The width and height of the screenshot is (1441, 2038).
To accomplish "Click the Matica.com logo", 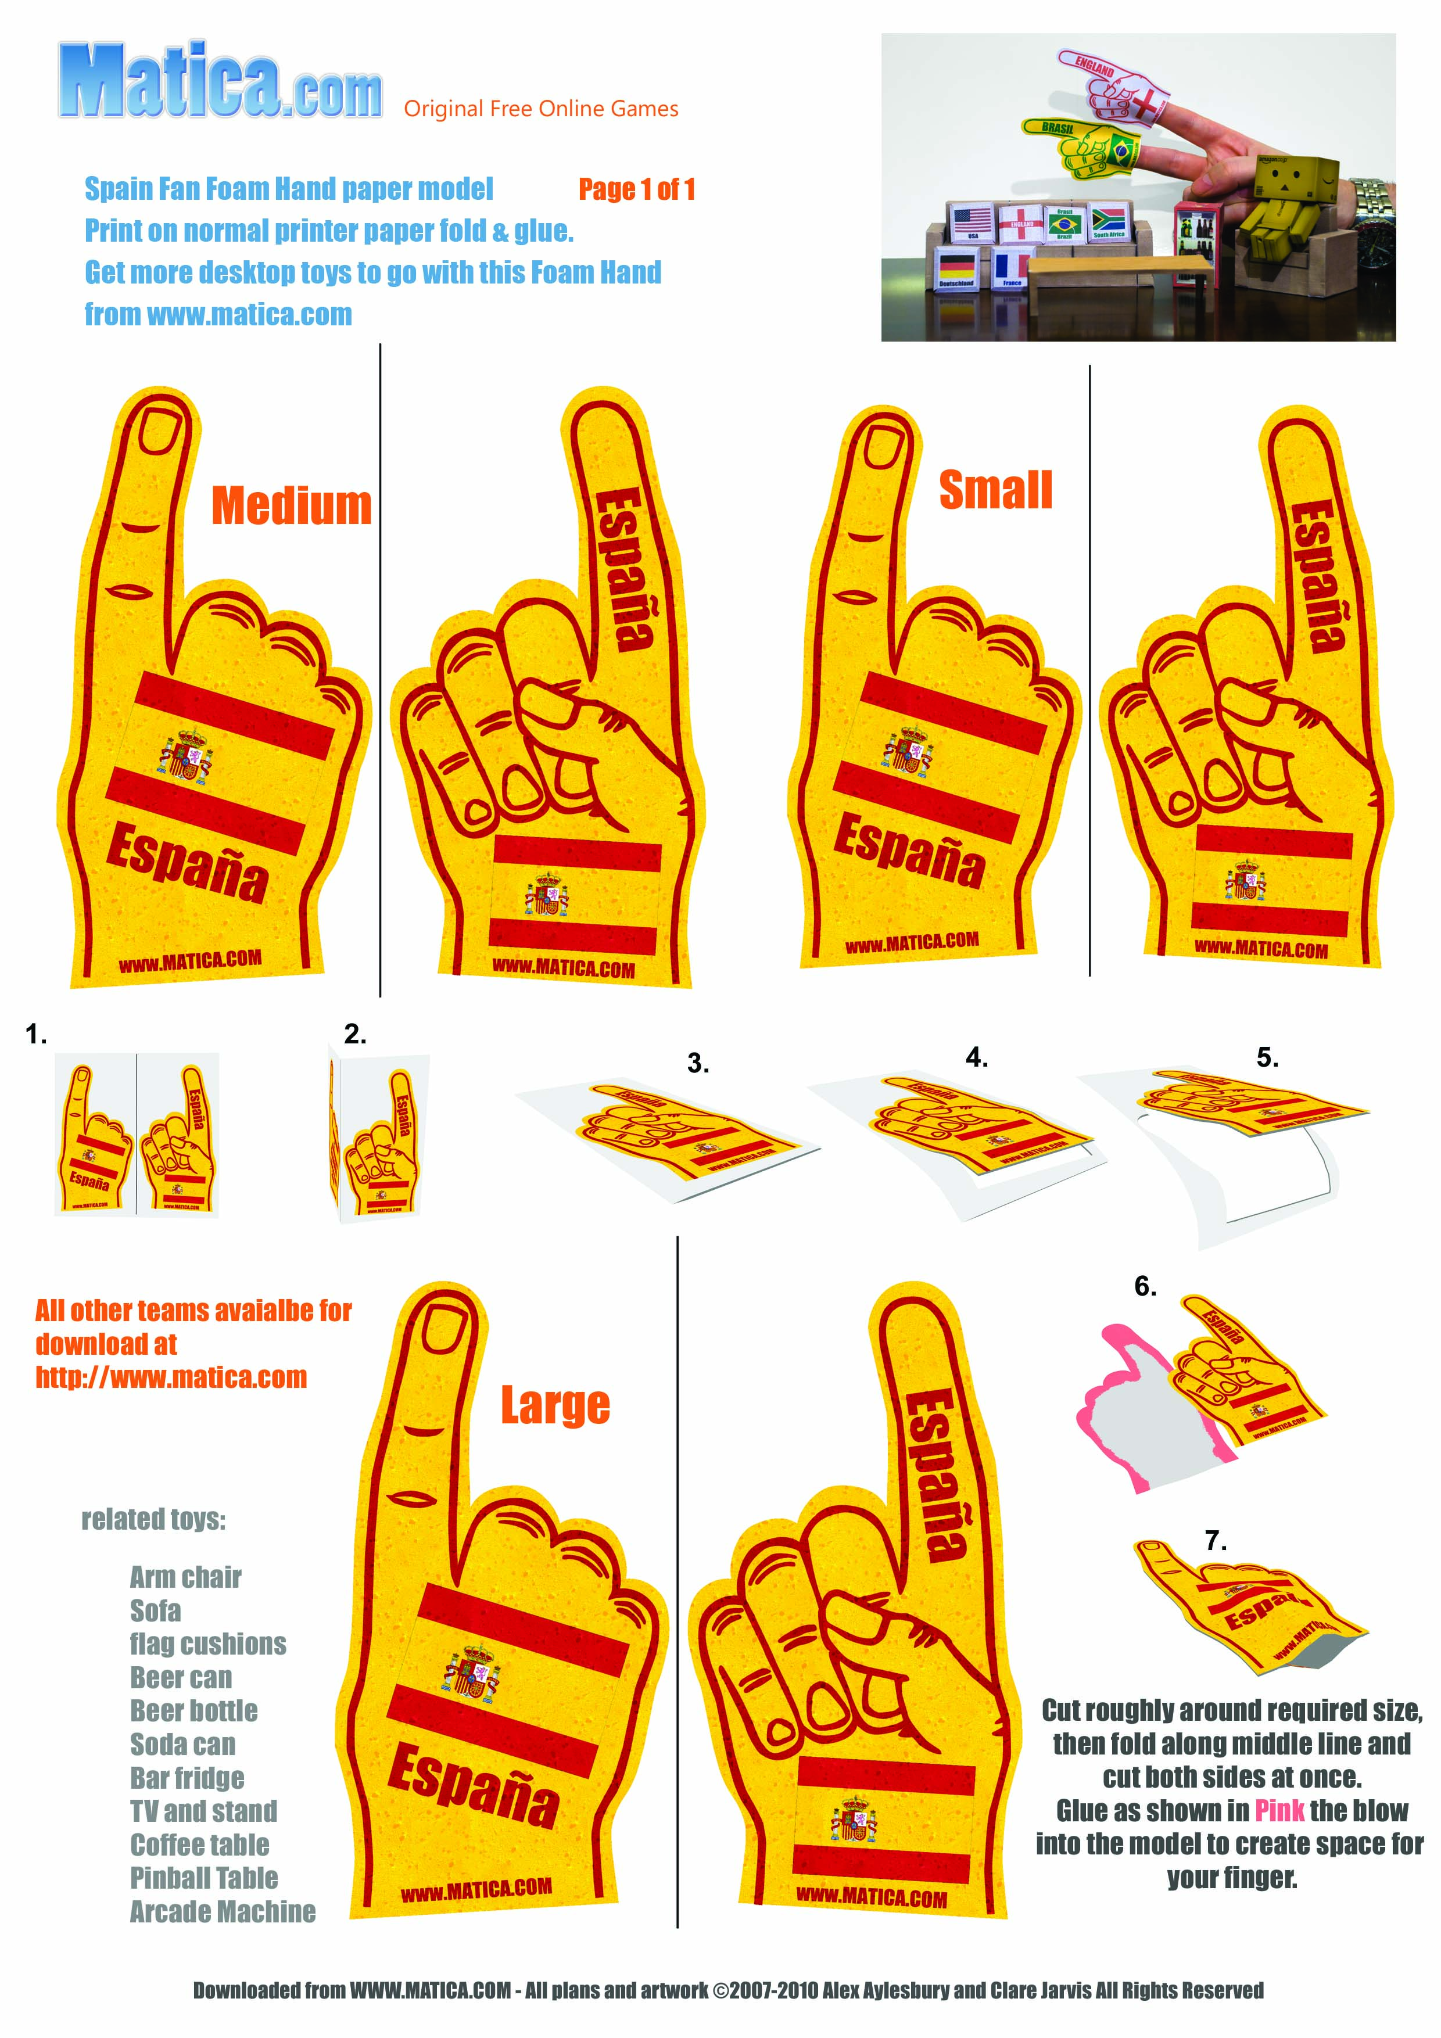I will click(220, 82).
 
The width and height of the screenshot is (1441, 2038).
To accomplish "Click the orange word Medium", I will click(291, 506).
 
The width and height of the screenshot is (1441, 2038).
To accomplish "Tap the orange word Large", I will click(555, 1405).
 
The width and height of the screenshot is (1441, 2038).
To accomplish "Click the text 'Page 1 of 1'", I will click(637, 189).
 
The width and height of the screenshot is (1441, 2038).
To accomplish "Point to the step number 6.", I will click(1145, 1286).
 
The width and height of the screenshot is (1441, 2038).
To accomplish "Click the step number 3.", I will click(698, 1063).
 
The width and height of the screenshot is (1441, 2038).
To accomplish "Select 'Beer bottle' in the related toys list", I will click(193, 1710).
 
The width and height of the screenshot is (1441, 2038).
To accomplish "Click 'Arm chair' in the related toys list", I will click(185, 1577).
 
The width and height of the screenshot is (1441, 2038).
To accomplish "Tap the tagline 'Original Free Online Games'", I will click(541, 109).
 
